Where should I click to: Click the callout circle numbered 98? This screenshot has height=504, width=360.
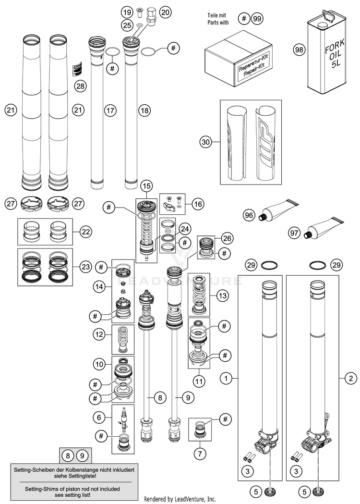point(300,49)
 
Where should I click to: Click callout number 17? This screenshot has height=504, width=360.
point(110,110)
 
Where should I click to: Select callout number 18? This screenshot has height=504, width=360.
point(144,110)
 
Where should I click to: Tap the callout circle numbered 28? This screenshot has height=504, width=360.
point(80,86)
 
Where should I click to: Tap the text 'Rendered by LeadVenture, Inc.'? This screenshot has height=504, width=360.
point(180,499)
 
